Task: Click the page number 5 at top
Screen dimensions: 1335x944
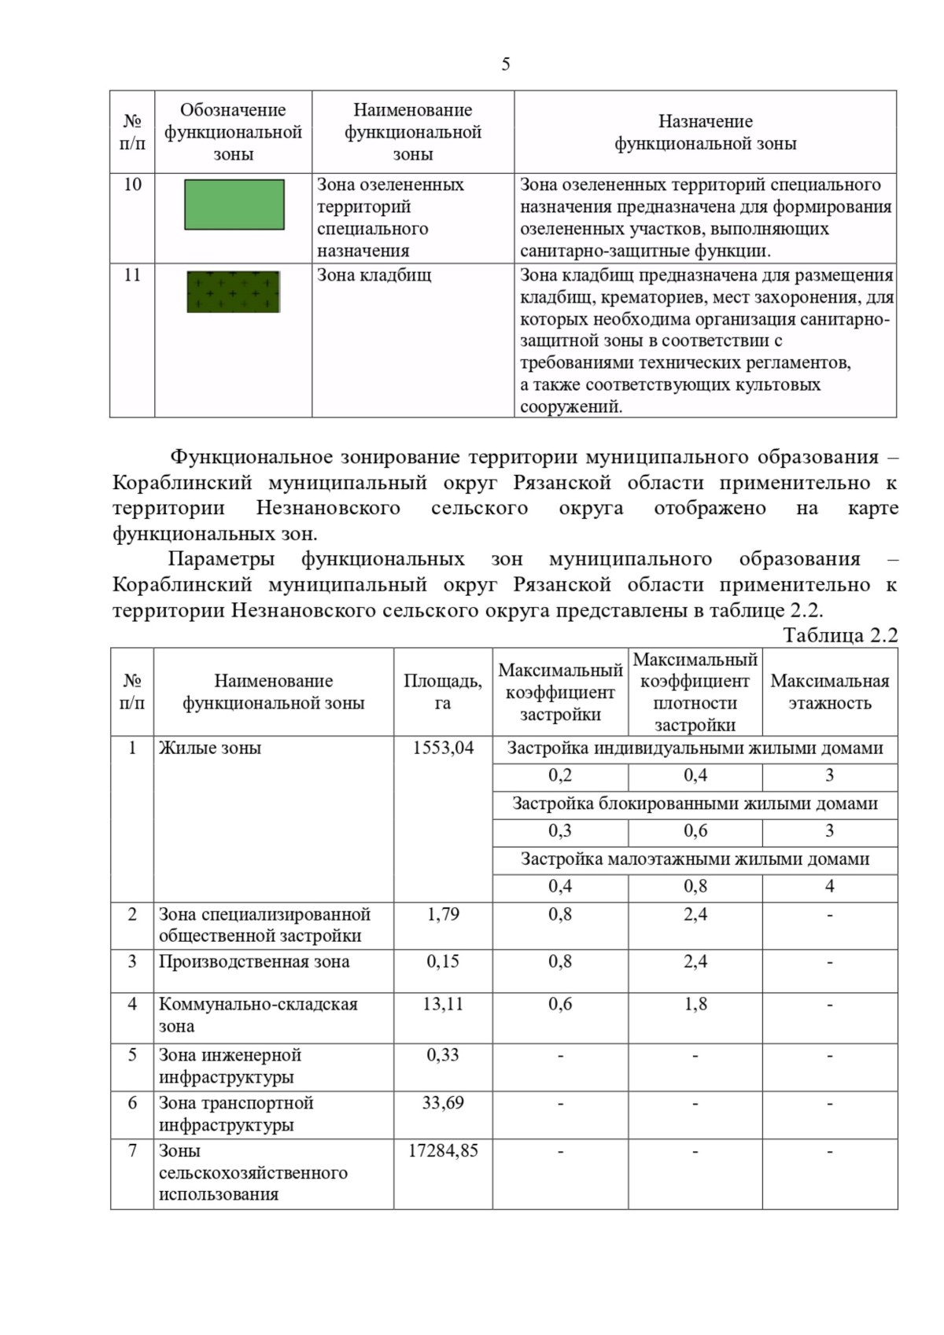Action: point(505,64)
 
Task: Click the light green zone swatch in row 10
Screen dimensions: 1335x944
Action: point(234,204)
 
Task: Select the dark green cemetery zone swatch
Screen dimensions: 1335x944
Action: point(234,292)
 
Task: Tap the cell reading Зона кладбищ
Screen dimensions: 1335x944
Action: point(374,275)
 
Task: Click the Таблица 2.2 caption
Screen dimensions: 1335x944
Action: point(840,635)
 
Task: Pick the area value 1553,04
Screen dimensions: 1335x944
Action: point(443,748)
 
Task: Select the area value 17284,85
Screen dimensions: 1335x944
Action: point(443,1150)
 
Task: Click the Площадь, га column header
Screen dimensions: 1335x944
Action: point(443,692)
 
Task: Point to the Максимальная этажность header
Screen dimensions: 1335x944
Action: point(829,692)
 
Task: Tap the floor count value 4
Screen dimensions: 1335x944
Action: point(829,886)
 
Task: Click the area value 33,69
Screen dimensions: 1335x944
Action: point(443,1102)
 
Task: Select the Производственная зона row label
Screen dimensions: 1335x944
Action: point(254,962)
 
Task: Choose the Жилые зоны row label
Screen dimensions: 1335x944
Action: point(210,748)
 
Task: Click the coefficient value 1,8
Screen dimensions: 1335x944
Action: point(695,1004)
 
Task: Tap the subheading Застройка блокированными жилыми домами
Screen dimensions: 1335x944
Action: point(695,804)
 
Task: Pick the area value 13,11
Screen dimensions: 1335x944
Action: point(443,1004)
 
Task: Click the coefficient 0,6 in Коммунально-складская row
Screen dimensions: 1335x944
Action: point(560,1004)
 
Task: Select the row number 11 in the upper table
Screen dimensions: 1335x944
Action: point(132,275)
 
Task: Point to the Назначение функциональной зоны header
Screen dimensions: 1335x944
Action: point(705,132)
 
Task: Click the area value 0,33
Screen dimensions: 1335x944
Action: point(443,1055)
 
